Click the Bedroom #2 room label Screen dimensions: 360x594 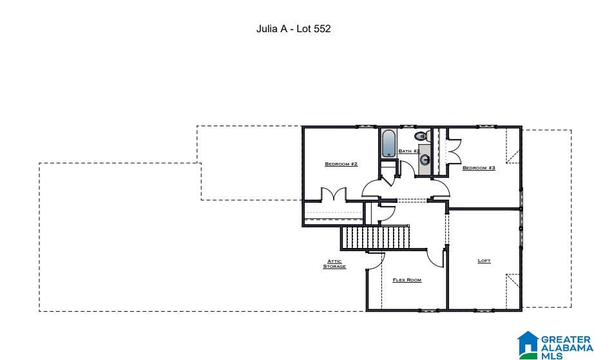point(341,164)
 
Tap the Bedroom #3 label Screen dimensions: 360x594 point(479,168)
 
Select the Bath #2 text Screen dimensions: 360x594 point(409,151)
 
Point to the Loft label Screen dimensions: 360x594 point(484,261)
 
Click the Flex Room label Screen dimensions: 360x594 point(407,280)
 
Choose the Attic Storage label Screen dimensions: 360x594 point(334,264)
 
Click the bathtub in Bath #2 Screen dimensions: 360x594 point(388,144)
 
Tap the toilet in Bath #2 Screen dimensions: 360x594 point(421,136)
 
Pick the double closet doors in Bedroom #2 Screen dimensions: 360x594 point(334,194)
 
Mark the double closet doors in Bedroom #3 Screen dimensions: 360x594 point(453,149)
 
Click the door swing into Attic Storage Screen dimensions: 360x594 point(376,260)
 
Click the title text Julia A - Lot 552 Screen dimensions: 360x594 point(293,29)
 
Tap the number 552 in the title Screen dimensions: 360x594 point(321,29)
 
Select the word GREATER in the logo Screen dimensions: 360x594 point(565,338)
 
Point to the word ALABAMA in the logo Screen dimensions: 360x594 point(565,347)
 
